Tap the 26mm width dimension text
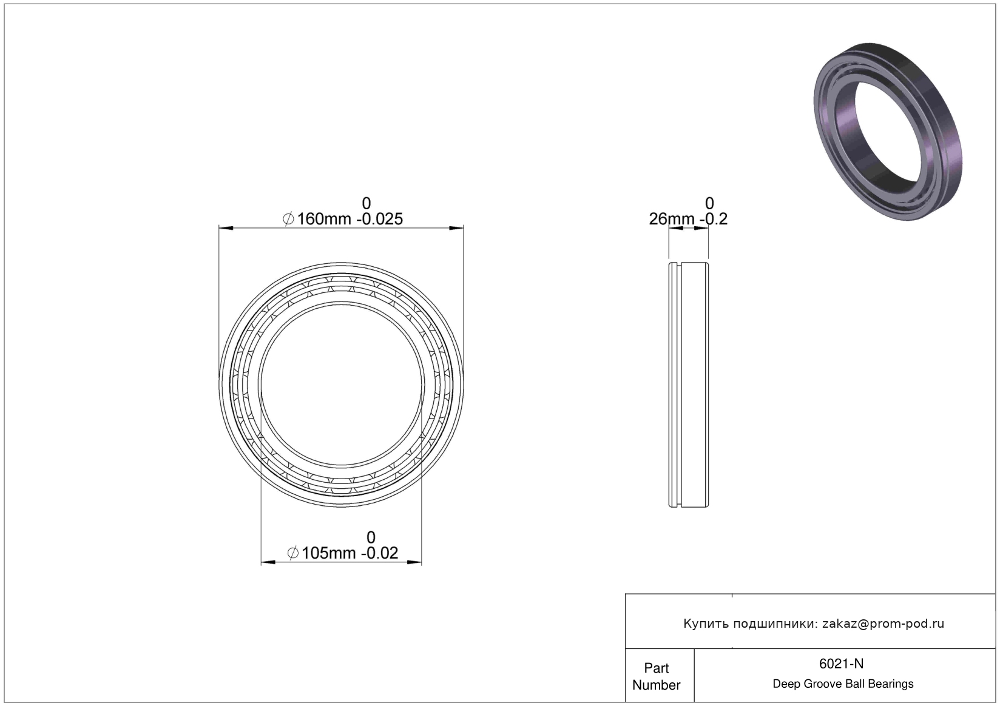click(x=672, y=219)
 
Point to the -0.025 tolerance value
click(x=379, y=219)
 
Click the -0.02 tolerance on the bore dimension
click(x=379, y=553)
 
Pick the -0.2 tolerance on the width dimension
click(x=714, y=219)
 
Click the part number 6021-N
click(x=841, y=664)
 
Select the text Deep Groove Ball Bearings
click(x=843, y=684)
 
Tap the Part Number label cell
click(x=657, y=676)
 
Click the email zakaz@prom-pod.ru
click(x=883, y=624)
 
